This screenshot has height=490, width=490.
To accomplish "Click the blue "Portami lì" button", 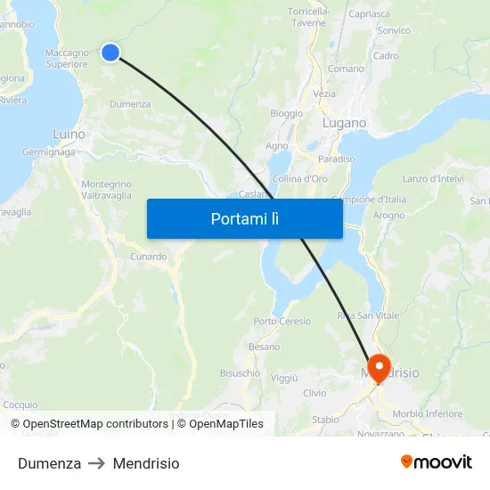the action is pyautogui.click(x=244, y=218).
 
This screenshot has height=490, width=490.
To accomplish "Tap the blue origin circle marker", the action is pyautogui.click(x=110, y=53).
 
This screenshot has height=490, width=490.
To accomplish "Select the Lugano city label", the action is pyautogui.click(x=344, y=123).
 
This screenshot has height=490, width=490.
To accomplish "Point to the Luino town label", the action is pyautogui.click(x=69, y=135).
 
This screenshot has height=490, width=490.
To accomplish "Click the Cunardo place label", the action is pyautogui.click(x=148, y=257).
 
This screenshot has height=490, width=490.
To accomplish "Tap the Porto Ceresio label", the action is pyautogui.click(x=282, y=321).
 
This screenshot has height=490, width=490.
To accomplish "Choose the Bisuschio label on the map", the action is pyautogui.click(x=240, y=373).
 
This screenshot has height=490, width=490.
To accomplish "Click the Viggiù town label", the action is pyautogui.click(x=283, y=378).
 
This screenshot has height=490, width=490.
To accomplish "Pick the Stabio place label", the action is pyautogui.click(x=325, y=420).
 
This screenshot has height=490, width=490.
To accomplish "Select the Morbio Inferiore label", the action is pyautogui.click(x=428, y=413).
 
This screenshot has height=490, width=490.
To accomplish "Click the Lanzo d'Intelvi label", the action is pyautogui.click(x=433, y=179).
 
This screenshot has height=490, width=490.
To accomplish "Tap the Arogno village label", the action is pyautogui.click(x=389, y=215).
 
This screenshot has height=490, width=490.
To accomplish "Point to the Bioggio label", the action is pyautogui.click(x=286, y=113).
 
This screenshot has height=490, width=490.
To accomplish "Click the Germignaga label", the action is pyautogui.click(x=49, y=152).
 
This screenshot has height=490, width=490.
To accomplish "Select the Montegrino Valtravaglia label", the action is pyautogui.click(x=107, y=189).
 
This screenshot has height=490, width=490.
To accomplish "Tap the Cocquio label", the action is pyautogui.click(x=20, y=404).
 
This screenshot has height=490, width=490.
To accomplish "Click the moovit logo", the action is pyautogui.click(x=437, y=462).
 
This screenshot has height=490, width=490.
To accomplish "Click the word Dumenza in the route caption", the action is pyautogui.click(x=49, y=463).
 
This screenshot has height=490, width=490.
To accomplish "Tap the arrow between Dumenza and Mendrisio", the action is pyautogui.click(x=97, y=463).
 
